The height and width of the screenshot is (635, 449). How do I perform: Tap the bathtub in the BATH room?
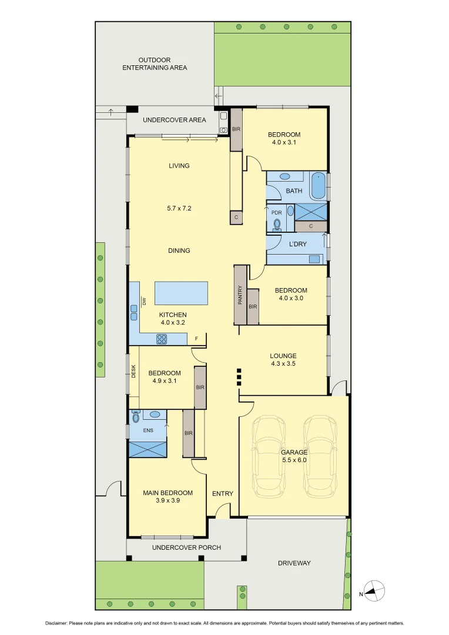point(318,186)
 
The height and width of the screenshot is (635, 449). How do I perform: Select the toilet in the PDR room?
point(277,223)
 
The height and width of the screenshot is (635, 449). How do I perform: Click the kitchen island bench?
point(181,293)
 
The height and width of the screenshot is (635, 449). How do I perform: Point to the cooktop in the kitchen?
point(162,339)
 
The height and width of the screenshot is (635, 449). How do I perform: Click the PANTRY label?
point(240,295)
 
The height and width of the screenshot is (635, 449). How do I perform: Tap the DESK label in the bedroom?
point(133,372)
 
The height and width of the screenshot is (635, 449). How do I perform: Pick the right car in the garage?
point(320,456)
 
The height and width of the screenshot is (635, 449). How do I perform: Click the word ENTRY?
point(223,493)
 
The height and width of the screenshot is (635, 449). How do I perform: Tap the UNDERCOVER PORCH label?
point(186,547)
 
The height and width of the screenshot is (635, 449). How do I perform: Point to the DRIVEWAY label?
point(294,563)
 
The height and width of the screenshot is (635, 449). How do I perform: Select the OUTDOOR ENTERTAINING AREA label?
point(155,63)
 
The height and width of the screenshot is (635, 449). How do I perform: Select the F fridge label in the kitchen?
point(196,339)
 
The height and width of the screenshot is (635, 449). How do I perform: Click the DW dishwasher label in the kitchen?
point(143,302)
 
